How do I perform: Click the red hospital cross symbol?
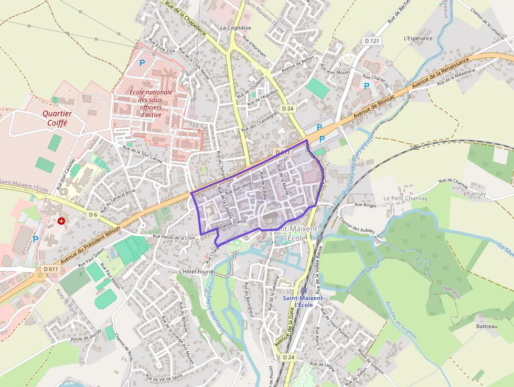tap(62, 222)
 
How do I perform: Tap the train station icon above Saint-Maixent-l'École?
tap(304, 290)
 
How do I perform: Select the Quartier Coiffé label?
tap(57, 118)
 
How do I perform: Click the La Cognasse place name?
tap(235, 28)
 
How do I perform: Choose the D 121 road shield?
tap(371, 41)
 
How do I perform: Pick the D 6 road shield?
tap(93, 215)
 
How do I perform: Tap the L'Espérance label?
tap(418, 38)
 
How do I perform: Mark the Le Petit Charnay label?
tap(405, 198)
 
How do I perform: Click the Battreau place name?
tap(486, 327)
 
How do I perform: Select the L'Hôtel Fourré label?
tap(197, 271)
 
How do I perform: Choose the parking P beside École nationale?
tap(142, 63)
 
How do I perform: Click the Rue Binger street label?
tap(366, 205)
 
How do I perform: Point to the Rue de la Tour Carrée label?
tap(142, 154)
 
